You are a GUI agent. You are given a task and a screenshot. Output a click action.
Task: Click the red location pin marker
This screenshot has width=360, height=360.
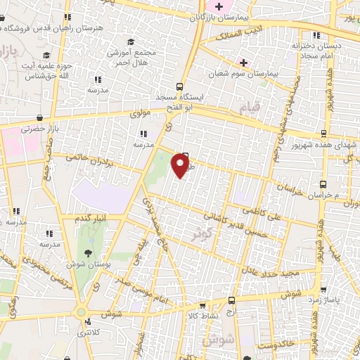click(181, 166)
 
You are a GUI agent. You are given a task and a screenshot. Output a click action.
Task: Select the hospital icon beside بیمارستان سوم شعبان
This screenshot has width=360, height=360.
click(243, 62)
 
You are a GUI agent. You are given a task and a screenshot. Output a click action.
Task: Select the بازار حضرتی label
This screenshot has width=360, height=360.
click(37, 129)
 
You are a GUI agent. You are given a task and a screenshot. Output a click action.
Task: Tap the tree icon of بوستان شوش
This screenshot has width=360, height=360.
click(87, 252)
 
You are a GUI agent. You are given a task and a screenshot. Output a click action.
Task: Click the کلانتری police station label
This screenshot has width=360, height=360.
click(89, 332)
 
